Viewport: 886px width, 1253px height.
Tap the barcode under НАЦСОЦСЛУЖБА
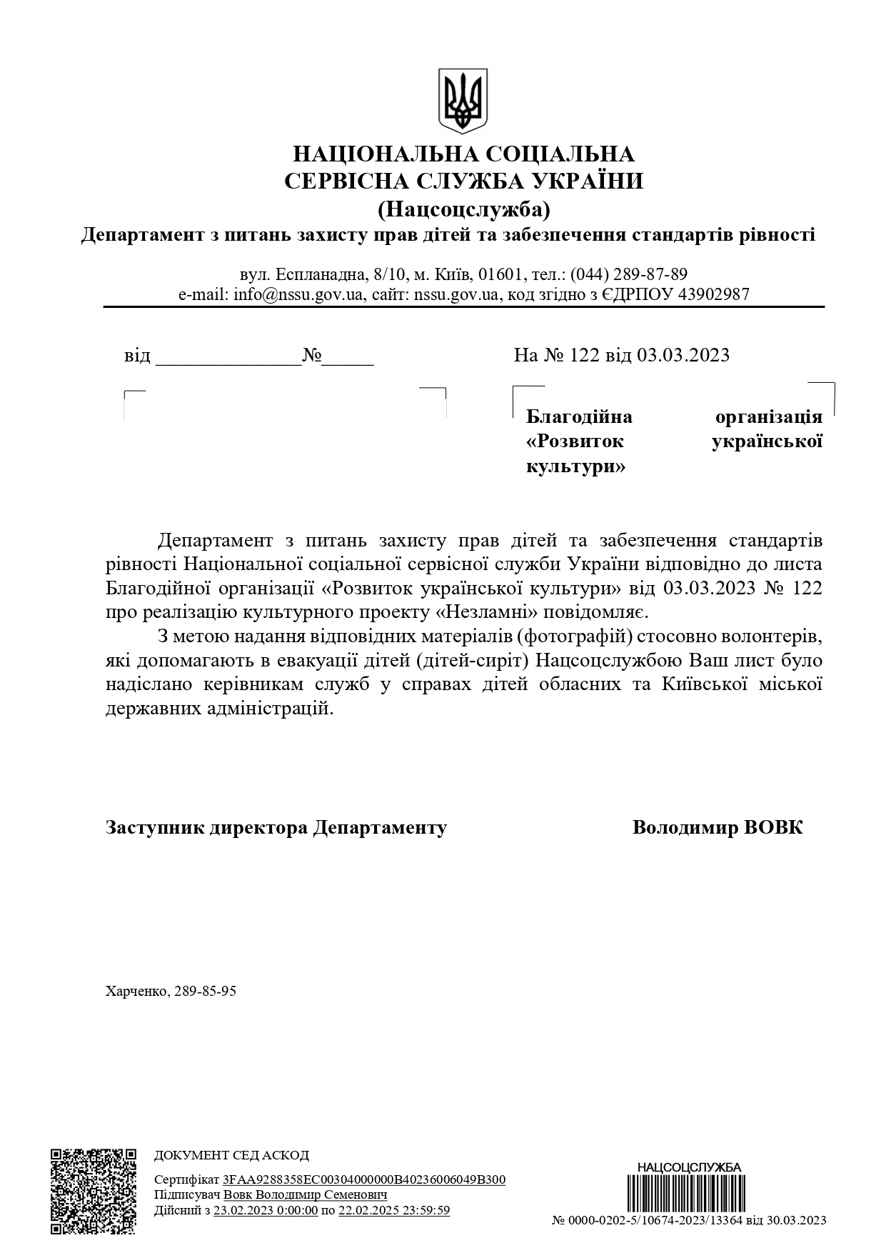(689, 1196)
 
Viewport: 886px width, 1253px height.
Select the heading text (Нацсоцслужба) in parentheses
(464, 209)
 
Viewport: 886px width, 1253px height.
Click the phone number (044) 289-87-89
(628, 275)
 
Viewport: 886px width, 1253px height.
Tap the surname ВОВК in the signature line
(773, 827)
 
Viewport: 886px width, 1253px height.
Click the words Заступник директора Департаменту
(276, 827)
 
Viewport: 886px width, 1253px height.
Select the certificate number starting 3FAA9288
(364, 1179)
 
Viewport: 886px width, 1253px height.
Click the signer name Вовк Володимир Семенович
(306, 1194)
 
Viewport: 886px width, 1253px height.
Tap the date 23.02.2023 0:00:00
(266, 1210)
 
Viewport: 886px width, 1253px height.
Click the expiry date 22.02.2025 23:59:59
(394, 1210)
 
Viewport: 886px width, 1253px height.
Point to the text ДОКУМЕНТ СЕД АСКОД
(232, 1155)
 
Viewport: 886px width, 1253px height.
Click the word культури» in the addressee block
(575, 467)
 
